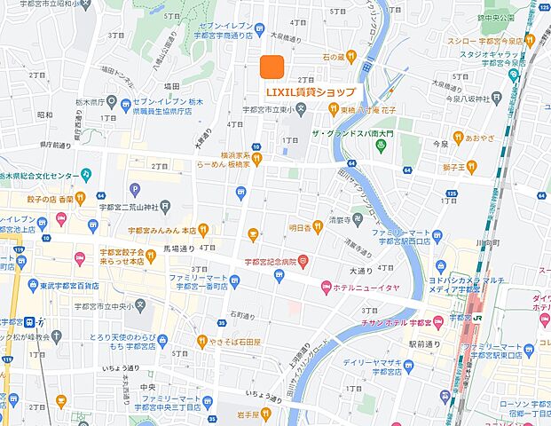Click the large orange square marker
272,67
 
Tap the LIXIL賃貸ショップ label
311,91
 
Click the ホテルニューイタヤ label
362,287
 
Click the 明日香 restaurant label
305,228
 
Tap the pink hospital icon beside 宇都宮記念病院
303,261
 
